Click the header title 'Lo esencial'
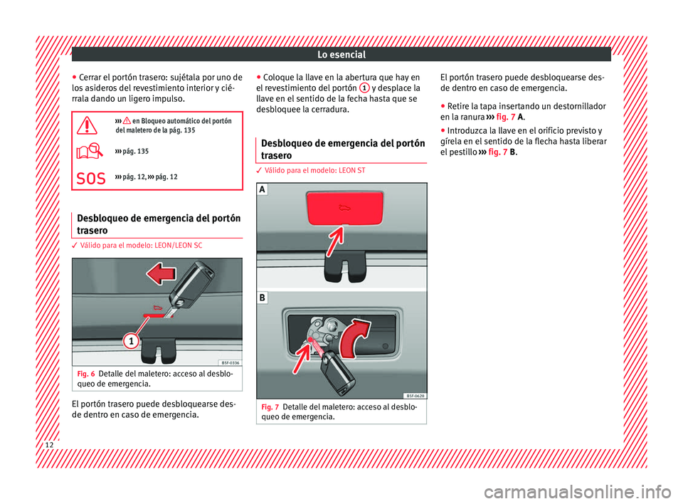pos(342,54)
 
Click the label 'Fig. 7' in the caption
pos(270,406)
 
